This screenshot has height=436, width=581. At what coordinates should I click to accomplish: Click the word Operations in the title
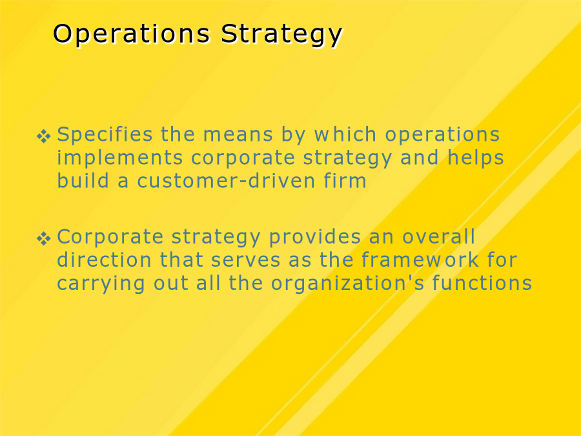[x=132, y=34]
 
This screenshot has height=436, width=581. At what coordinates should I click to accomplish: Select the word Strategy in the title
[x=281, y=36]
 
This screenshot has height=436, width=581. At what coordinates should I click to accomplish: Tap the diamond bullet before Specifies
[x=44, y=136]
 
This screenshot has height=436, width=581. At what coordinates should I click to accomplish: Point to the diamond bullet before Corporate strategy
[x=44, y=238]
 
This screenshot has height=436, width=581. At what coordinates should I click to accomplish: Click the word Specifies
[x=105, y=134]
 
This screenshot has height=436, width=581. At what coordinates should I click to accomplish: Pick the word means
[x=238, y=135]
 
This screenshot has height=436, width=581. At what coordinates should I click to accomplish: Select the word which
[x=345, y=134]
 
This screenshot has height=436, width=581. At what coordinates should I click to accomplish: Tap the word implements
[x=120, y=159]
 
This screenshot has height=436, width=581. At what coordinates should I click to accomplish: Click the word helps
[x=476, y=159]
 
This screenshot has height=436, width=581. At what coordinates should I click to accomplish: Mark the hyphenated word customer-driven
[x=227, y=180]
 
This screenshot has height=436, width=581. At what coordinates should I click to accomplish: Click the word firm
[x=345, y=180]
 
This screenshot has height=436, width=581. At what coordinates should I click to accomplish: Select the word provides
[x=315, y=238]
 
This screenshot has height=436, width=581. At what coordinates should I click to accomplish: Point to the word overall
[x=439, y=236]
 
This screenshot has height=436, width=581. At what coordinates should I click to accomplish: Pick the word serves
[x=246, y=261]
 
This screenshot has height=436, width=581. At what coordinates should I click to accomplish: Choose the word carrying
[x=101, y=284]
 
